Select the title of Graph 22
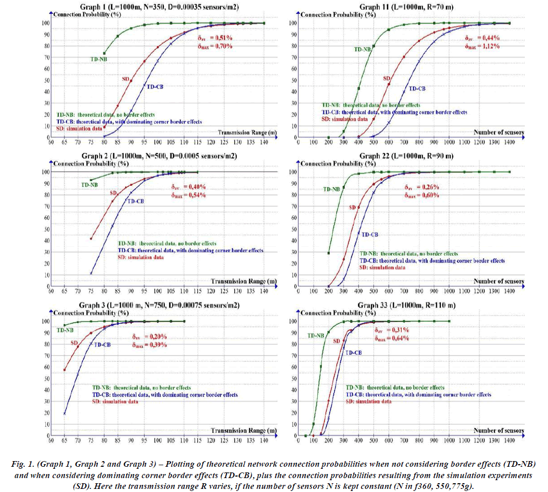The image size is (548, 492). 406,156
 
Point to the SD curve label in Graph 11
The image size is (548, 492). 387,78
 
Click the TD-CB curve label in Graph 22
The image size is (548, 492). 370,234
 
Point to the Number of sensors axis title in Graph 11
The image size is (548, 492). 498,132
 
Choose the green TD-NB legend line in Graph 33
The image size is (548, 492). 395,387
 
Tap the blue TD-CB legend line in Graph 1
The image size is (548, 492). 129,122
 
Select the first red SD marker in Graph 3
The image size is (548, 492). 64,370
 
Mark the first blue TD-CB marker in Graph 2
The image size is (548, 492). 91,273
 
